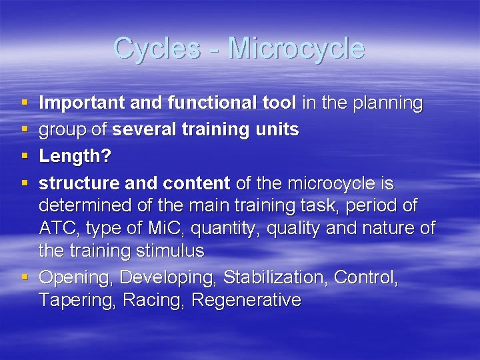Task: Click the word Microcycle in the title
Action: (296, 49)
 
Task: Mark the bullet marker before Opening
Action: (25, 276)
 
